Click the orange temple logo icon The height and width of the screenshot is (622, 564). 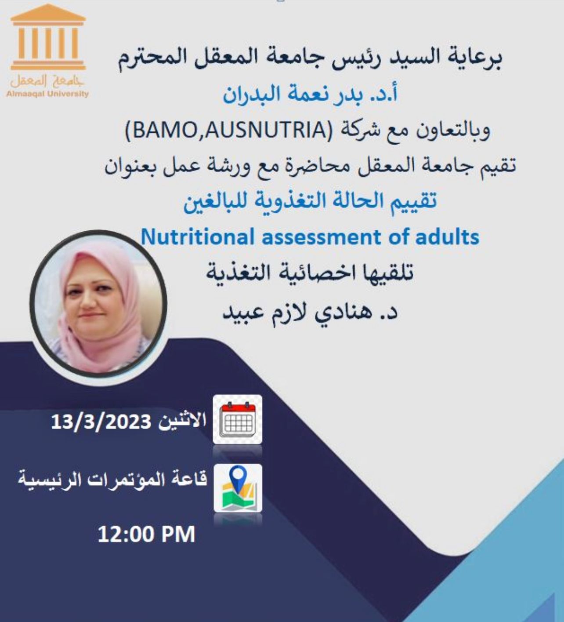coord(48,37)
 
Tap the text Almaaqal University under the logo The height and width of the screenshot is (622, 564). coord(47,94)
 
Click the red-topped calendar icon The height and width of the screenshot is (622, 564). coord(237,419)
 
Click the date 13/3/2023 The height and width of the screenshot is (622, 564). coord(101,422)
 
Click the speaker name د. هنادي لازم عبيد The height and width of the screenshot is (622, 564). coord(310,312)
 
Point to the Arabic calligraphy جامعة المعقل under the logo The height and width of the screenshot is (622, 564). coord(47,81)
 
